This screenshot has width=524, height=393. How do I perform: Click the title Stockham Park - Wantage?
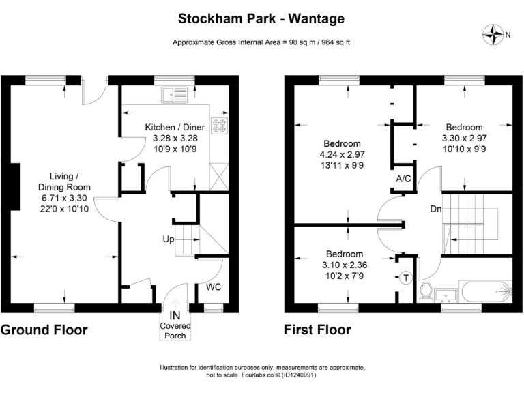pyautogui.click(x=262, y=18)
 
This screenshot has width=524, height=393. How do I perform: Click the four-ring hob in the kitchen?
pyautogui.click(x=220, y=126)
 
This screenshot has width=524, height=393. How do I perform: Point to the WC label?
pyautogui.click(x=216, y=287)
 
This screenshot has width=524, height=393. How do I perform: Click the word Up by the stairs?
pyautogui.click(x=167, y=240)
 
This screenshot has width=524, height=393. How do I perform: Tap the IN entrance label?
pyautogui.click(x=175, y=316)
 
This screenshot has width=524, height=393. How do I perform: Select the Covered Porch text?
pyautogui.click(x=175, y=331)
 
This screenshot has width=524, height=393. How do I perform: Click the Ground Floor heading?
pyautogui.click(x=44, y=331)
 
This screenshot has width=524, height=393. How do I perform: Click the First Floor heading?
pyautogui.click(x=317, y=331)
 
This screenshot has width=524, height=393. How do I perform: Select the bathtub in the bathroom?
pyautogui.click(x=486, y=291)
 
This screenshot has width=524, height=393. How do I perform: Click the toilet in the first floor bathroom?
pyautogui.click(x=426, y=292)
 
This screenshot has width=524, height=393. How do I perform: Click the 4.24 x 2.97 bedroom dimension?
pyautogui.click(x=342, y=155)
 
